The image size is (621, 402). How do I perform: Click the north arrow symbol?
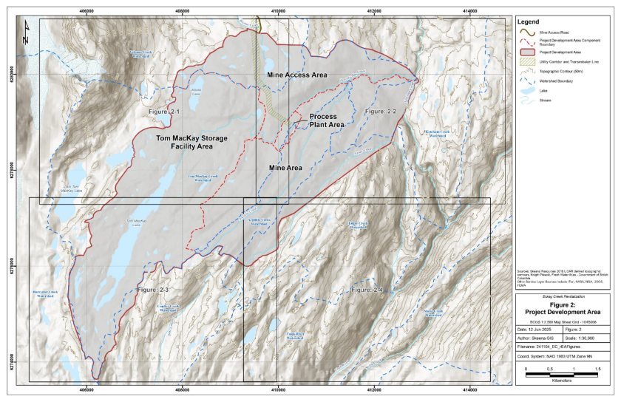pos(27,29)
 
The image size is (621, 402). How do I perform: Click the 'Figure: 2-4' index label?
pos(367,290)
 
